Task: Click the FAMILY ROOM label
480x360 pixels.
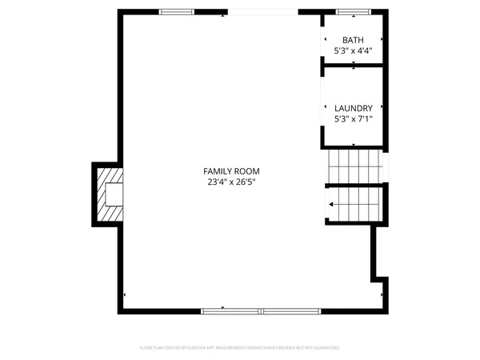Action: (x=231, y=171)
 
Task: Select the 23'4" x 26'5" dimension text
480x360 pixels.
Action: (x=231, y=182)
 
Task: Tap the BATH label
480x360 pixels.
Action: (x=353, y=40)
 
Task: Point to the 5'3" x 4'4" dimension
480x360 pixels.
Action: (x=353, y=50)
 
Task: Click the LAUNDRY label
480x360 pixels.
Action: (x=353, y=108)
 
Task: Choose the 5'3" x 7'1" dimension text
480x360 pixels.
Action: (x=353, y=119)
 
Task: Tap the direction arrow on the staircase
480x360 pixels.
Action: (x=332, y=204)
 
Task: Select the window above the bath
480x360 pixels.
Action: (x=352, y=12)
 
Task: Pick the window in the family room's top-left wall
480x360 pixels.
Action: (x=177, y=12)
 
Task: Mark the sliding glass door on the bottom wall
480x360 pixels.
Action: (x=262, y=310)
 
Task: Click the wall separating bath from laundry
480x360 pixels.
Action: (x=353, y=64)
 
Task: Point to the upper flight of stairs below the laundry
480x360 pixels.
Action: (x=356, y=166)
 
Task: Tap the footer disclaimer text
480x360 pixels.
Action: (x=240, y=348)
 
